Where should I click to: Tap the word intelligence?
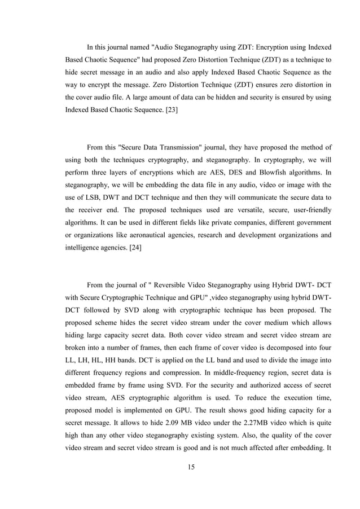(x=85, y=247)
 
